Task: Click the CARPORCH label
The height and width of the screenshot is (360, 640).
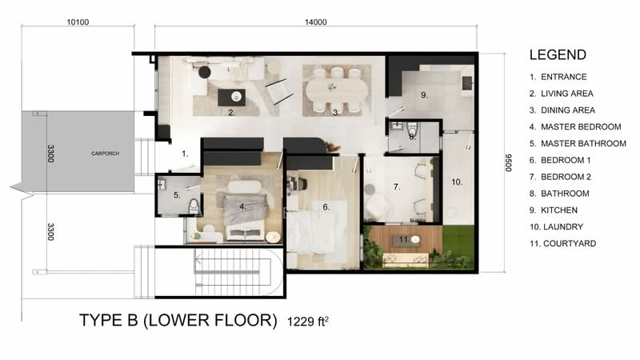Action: click(106, 154)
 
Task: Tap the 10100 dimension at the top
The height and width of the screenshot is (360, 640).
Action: click(78, 22)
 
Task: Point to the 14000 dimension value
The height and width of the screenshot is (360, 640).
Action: click(315, 22)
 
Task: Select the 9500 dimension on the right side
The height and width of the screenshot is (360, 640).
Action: click(508, 162)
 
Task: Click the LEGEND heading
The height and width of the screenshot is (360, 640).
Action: click(558, 54)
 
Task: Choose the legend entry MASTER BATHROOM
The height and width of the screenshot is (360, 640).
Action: click(583, 144)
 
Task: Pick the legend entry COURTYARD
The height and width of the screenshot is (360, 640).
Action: click(570, 244)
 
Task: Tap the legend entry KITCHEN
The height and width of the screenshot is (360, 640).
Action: click(559, 210)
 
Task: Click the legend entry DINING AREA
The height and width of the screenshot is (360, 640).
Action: click(568, 110)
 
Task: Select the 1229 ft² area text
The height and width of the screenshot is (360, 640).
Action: click(308, 322)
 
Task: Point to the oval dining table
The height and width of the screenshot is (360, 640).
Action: click(337, 90)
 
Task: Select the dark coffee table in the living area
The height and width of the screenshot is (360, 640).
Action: click(231, 97)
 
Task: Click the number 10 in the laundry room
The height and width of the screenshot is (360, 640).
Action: click(456, 182)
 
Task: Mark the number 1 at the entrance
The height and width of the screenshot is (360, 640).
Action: click(185, 154)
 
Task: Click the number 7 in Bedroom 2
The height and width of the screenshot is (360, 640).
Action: click(396, 187)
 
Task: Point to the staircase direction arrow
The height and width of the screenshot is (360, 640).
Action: click(227, 259)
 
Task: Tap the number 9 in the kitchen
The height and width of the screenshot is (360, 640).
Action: click(424, 95)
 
